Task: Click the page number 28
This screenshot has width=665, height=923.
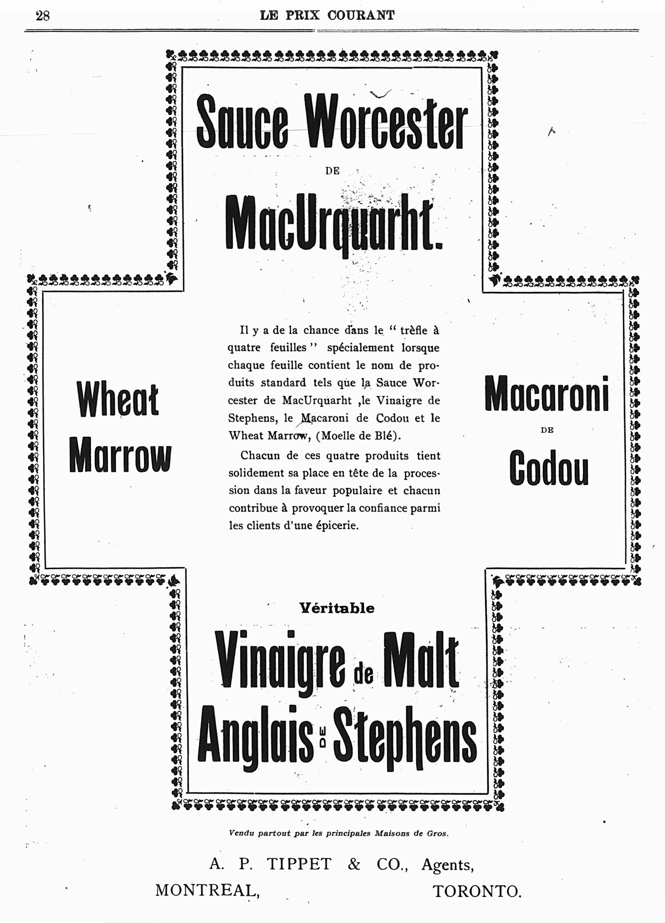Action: pos(43,16)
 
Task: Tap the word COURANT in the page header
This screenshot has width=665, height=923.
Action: pos(361,15)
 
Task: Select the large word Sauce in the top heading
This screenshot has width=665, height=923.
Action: pos(242,122)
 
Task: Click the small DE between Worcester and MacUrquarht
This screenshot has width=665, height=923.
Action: pos(332,171)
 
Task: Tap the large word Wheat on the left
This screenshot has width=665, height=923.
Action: pos(118,399)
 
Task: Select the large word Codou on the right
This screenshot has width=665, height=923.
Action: pos(549,468)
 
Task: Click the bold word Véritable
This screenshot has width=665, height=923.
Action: pos(337,608)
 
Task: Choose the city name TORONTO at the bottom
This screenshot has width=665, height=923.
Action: pos(477,891)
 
